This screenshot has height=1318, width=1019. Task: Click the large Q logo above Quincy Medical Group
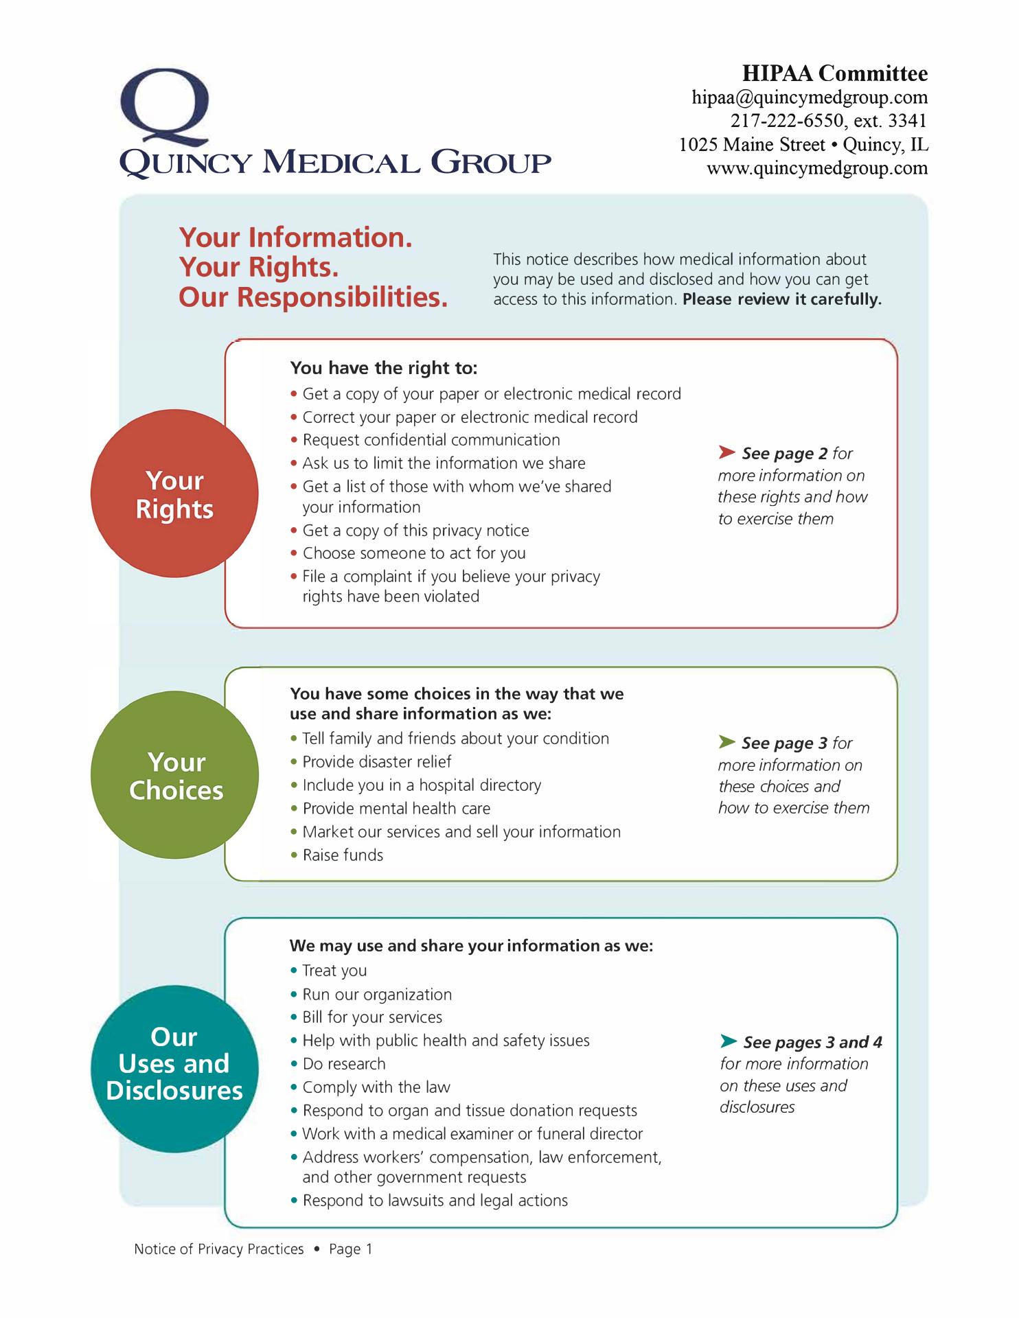[x=165, y=106]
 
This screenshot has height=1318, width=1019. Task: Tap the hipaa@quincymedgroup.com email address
[x=810, y=97]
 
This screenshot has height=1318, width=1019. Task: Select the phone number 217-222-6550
[x=786, y=121]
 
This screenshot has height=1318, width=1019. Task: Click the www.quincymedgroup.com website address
[x=817, y=168]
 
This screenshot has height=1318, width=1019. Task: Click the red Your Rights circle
[x=174, y=494]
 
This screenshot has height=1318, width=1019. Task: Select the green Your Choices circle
[x=175, y=775]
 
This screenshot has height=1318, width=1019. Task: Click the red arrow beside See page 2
[x=727, y=452]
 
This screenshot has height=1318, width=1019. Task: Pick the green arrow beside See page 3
[x=727, y=741]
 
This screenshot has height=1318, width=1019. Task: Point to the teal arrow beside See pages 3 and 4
[x=729, y=1041]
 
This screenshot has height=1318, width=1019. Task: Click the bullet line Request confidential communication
[x=431, y=440]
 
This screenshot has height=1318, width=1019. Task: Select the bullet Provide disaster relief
[x=376, y=762]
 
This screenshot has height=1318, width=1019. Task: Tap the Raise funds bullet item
[x=343, y=855]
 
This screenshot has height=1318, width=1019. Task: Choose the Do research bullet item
[x=343, y=1064]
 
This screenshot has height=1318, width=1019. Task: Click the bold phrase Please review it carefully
[x=781, y=299]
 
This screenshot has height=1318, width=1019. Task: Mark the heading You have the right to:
[x=383, y=368]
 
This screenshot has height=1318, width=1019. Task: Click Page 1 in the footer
[x=350, y=1249]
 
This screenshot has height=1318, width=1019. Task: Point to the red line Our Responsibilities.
[x=313, y=297]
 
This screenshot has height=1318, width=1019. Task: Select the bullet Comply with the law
[x=376, y=1087]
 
